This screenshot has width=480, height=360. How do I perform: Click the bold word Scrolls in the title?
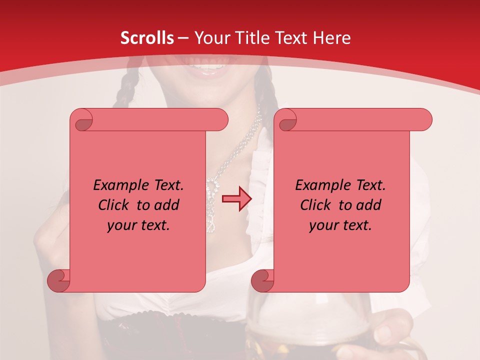147,38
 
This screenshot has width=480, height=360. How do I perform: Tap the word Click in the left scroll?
114,205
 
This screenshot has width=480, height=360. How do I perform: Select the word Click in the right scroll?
316,205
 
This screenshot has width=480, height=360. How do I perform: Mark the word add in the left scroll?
166,205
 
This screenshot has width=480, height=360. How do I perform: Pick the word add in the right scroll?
368,205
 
